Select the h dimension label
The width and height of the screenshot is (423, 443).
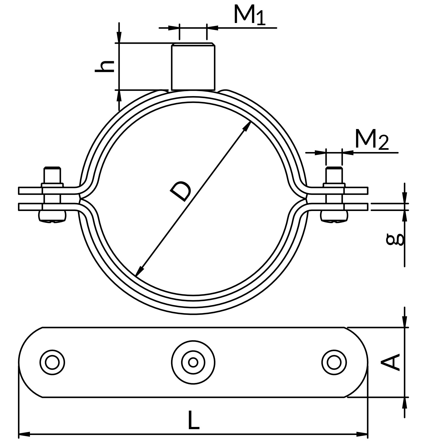[x=104, y=66]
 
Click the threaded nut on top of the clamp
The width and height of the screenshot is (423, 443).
[x=193, y=67]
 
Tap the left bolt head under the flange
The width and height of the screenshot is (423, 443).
[x=53, y=216]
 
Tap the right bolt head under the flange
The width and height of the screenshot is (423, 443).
[x=334, y=216]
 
